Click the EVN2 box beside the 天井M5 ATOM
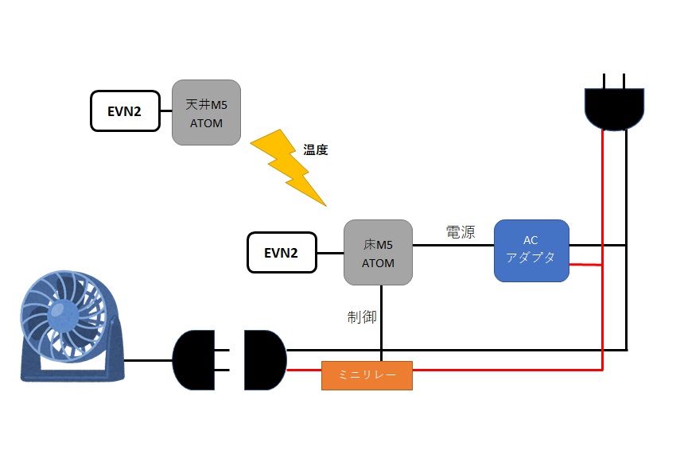point(124,111)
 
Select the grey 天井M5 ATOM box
point(206,112)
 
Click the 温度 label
point(315,149)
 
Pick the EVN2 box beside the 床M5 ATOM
point(282,253)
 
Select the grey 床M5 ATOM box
point(378,252)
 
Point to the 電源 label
point(461,232)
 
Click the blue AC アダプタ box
point(531,250)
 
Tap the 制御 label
point(362,317)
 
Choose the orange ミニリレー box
point(367,375)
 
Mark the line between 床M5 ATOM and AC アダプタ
point(453,245)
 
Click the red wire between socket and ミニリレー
point(304,370)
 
